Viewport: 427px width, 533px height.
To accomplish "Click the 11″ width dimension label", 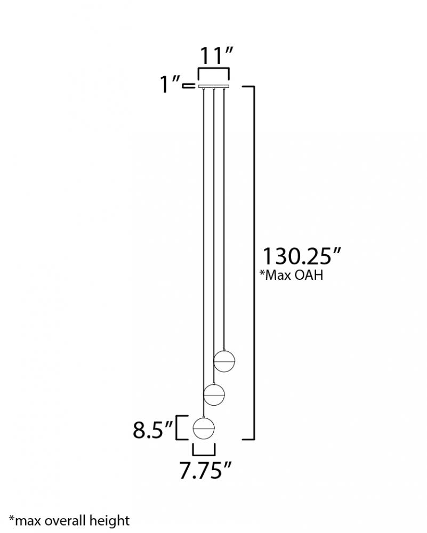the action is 216,55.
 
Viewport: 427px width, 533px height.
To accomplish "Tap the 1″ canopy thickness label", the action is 170,84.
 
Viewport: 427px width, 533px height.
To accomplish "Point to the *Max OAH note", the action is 292,275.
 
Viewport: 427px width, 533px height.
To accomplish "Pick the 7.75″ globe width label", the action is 205,471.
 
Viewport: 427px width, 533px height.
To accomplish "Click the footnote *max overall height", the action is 69,521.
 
